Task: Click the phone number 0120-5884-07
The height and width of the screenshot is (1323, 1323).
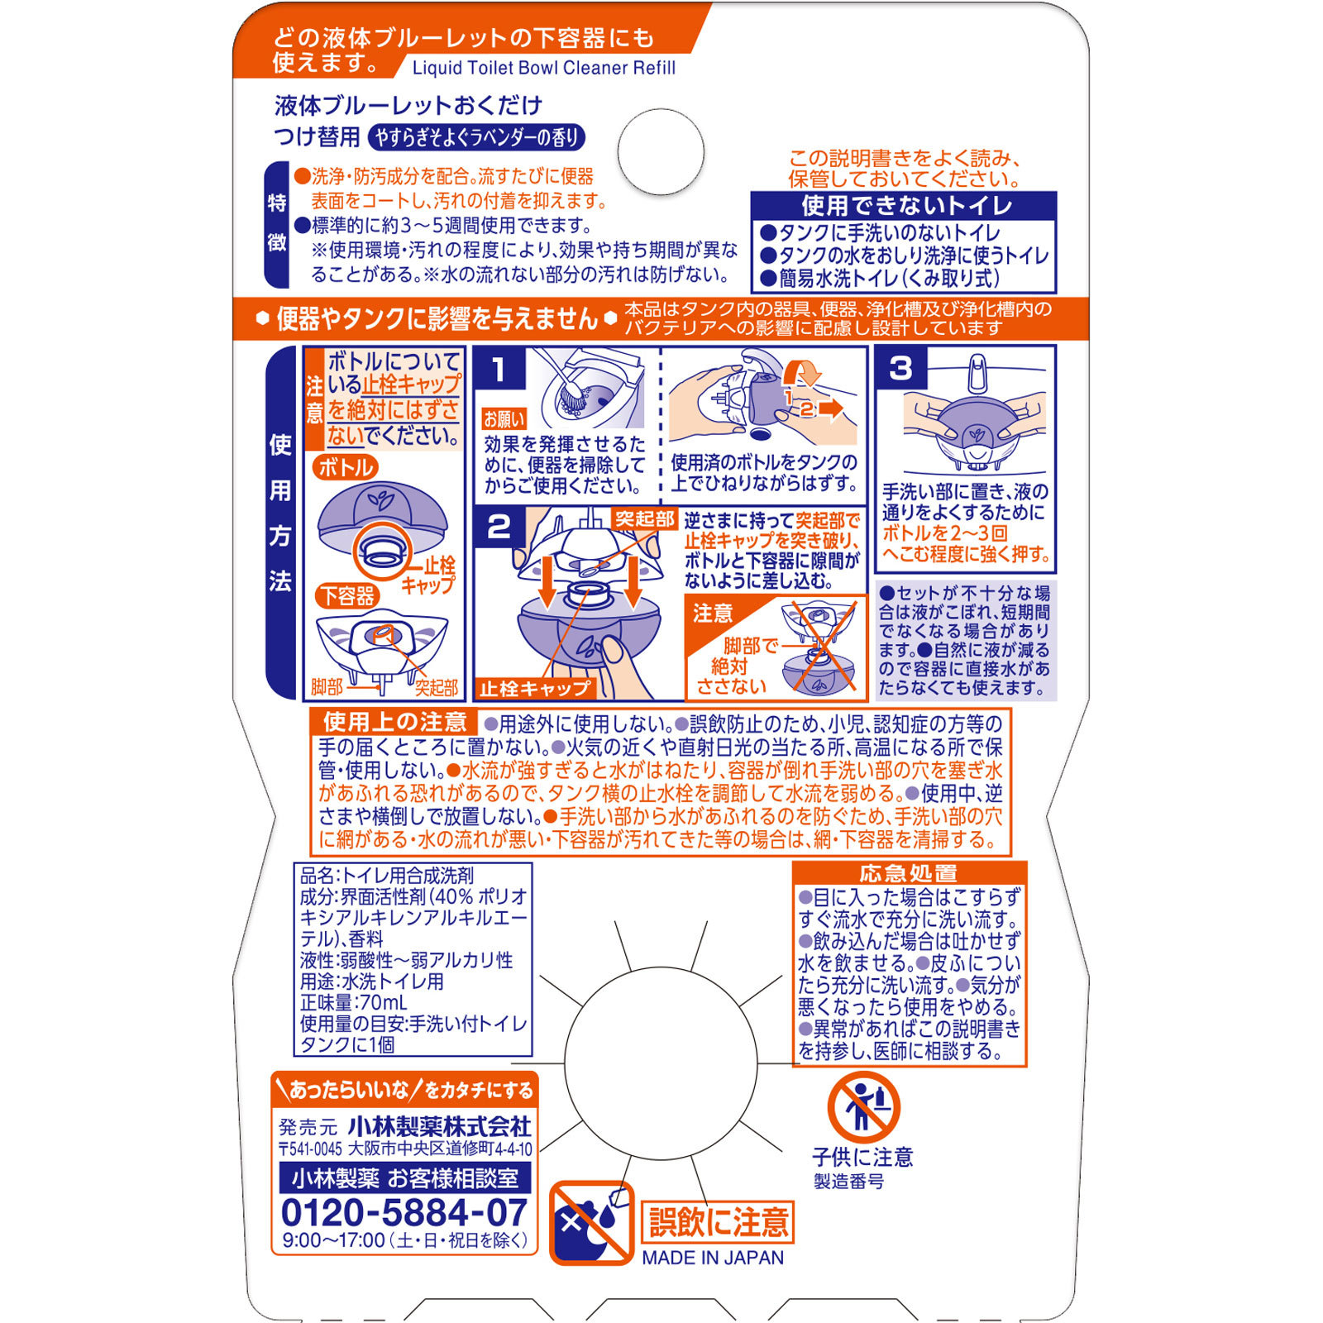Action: point(404,1212)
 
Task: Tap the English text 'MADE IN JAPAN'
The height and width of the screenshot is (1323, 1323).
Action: point(713,1258)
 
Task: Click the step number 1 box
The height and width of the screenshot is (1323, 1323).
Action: point(499,369)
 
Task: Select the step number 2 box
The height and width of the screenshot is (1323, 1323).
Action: point(499,527)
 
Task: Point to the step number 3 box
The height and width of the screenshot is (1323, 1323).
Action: point(900,369)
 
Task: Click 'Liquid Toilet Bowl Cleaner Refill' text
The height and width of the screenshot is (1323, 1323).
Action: point(543,68)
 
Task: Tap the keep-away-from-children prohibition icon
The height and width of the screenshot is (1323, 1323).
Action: point(863,1108)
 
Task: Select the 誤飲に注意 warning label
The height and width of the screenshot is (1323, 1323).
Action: point(718,1222)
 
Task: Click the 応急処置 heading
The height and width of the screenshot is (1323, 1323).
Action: point(908,873)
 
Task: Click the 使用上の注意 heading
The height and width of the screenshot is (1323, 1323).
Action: point(394,721)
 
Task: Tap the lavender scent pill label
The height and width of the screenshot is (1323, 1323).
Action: point(476,137)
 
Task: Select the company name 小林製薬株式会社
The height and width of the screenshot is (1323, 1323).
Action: point(439,1125)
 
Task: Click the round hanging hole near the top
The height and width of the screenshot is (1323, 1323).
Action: point(661,152)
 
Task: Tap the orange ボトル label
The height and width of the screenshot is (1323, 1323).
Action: point(346,467)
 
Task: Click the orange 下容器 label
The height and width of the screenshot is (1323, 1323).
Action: point(347,595)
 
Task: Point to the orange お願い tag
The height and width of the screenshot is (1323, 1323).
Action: point(504,419)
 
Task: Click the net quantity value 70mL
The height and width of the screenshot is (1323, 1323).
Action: point(381,1002)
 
